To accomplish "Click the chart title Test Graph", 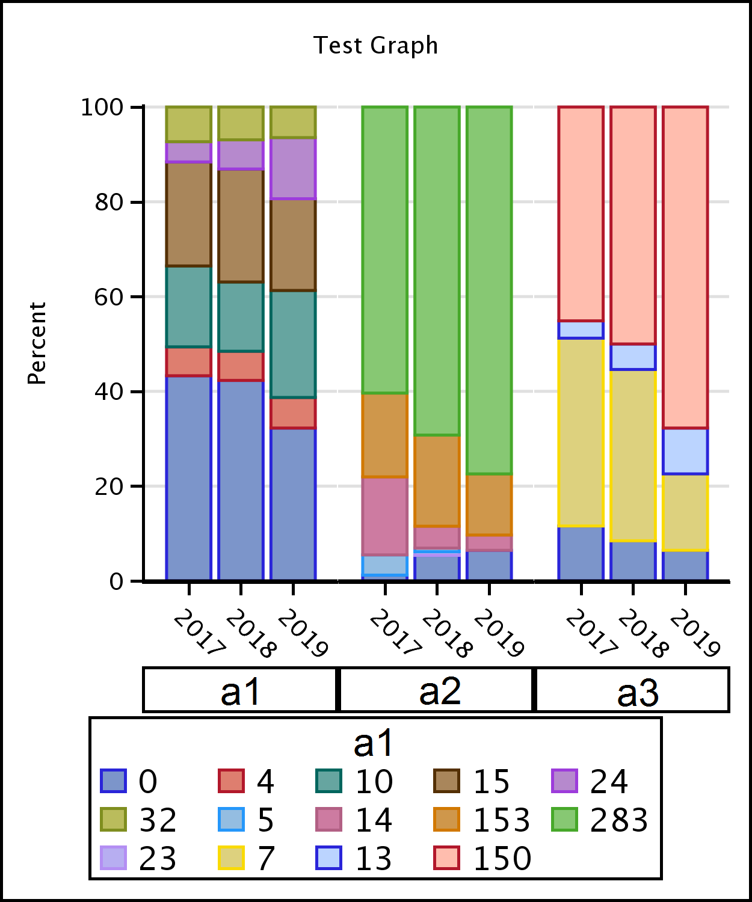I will [375, 46].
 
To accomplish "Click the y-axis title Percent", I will [37, 343].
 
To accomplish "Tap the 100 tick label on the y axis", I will [102, 108].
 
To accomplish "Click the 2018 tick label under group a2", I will [448, 634].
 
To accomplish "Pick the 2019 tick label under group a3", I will [695, 634].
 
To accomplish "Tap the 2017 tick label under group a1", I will [200, 633].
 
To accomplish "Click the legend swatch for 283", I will [564, 820].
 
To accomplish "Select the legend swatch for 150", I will [446, 858].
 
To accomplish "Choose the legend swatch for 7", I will [231, 858].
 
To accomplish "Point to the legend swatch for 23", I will [113, 858].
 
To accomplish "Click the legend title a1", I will [373, 743].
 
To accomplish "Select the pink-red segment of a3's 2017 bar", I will [581, 214].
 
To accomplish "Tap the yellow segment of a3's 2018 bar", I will [633, 456].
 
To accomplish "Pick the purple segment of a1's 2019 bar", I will [293, 169].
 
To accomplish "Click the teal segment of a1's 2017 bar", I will [189, 307].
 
